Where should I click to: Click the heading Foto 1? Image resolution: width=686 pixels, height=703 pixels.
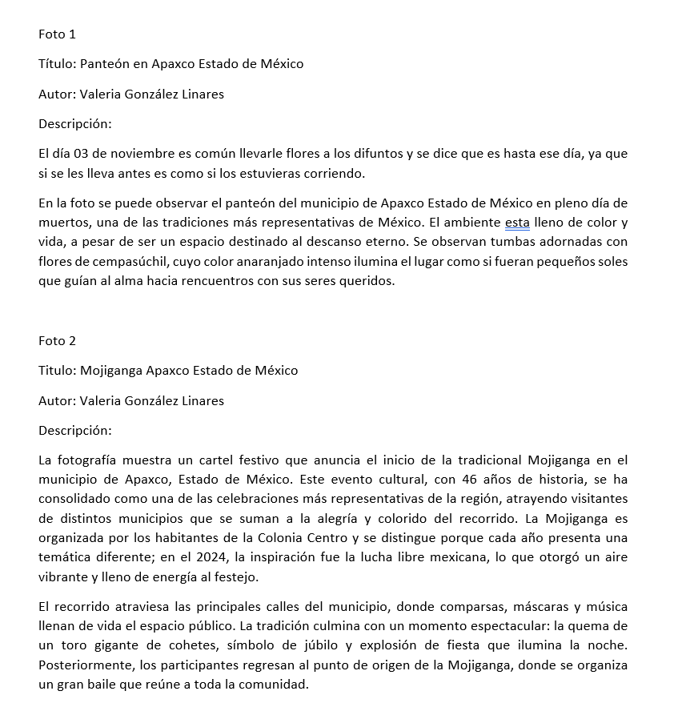pos(57,34)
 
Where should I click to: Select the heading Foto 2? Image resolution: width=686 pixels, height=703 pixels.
pos(57,340)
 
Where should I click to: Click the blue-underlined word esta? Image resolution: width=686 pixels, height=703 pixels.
pos(518,223)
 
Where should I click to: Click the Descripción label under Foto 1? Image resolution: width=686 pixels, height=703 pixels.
pos(75,123)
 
